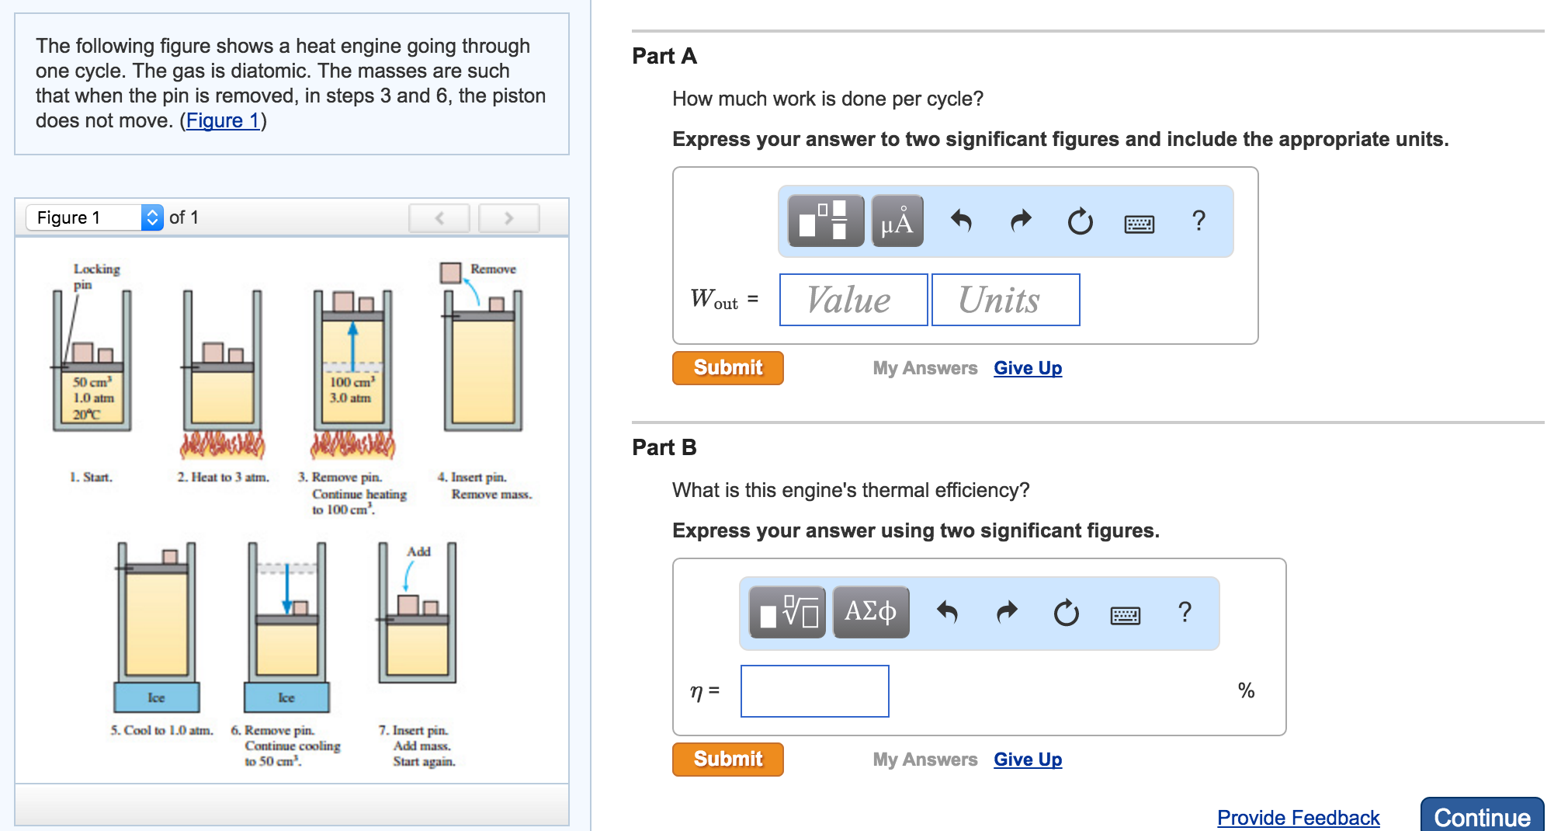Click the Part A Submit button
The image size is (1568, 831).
[x=727, y=367]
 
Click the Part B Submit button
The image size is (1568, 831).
[x=727, y=759]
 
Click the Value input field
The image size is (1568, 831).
[x=853, y=300]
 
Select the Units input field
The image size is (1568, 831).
[x=1004, y=300]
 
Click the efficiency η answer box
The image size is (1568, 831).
[x=814, y=690]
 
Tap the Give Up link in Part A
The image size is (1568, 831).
[x=1027, y=368]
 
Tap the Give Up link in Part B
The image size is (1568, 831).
[x=1027, y=760]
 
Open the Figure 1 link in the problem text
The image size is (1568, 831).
[x=223, y=120]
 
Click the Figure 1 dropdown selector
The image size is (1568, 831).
[x=95, y=217]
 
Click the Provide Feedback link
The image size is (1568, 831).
[x=1298, y=817]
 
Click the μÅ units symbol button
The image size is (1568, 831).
[x=897, y=221]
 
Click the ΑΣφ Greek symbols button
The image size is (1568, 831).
[x=870, y=612]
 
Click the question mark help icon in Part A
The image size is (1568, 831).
[x=1199, y=221]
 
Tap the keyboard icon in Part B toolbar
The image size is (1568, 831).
[x=1125, y=615]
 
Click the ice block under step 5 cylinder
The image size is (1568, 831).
[x=157, y=697]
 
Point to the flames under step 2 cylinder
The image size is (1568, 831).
[x=222, y=445]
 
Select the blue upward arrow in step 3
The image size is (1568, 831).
[x=353, y=346]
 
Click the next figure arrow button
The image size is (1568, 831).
[x=508, y=218]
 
